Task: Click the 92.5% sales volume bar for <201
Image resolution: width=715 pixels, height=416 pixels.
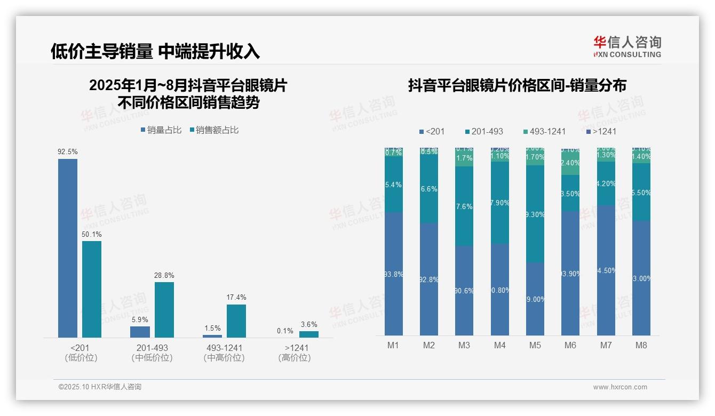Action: point(68,248)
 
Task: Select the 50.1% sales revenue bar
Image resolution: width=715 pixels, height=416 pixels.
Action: point(92,289)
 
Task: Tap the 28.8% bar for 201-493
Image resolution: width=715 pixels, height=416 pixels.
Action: point(164,309)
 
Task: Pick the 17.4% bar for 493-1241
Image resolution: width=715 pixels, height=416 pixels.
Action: point(236,321)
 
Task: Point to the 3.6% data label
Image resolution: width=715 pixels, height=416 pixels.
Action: point(309,324)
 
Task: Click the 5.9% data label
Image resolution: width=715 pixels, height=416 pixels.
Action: point(140,319)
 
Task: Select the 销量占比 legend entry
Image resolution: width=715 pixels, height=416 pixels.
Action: point(161,130)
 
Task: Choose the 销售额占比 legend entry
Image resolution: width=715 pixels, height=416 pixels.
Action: point(214,130)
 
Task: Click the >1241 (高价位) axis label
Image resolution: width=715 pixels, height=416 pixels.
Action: point(294,353)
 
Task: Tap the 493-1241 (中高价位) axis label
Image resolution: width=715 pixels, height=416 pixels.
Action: point(224,353)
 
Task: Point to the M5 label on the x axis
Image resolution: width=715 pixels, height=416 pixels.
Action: point(535,345)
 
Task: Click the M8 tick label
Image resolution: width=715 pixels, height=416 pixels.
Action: point(641,345)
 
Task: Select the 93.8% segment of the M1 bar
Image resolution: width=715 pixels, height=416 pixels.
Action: point(393,274)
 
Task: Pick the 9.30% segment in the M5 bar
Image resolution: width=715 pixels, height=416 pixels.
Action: point(535,214)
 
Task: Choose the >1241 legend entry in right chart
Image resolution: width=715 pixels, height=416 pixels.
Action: point(601,131)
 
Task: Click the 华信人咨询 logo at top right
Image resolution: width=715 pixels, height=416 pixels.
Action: point(627,46)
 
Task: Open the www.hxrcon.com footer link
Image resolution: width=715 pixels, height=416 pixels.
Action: point(620,387)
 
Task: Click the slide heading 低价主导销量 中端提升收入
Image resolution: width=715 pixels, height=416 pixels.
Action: point(155,51)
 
